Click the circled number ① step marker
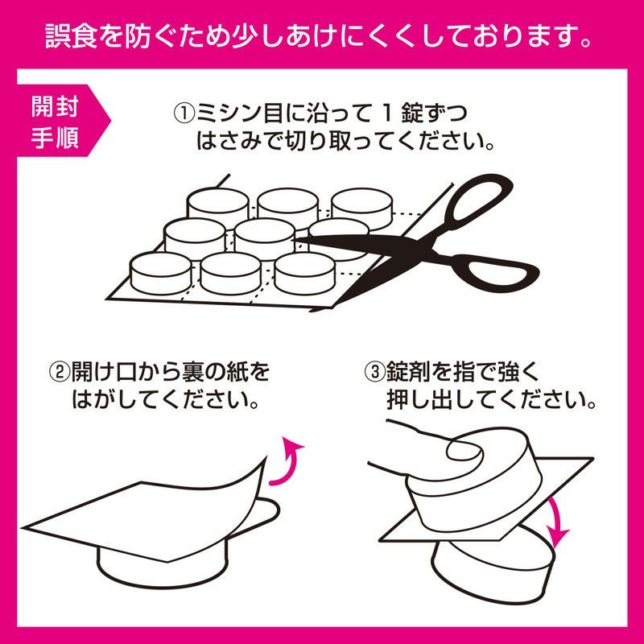coord(184,114)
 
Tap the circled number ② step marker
coord(60,372)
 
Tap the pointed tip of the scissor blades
coord(296,240)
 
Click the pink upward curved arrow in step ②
coord(287,462)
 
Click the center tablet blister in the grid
coord(265,238)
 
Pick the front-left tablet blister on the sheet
coord(161,273)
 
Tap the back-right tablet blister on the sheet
coord(361,208)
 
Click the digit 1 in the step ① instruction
coord(386,114)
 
